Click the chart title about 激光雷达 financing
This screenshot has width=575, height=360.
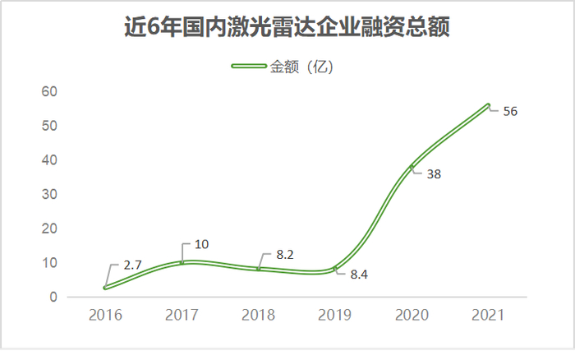click(x=287, y=29)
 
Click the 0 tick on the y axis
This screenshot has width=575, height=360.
click(x=52, y=297)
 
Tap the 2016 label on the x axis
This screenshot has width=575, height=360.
click(x=105, y=316)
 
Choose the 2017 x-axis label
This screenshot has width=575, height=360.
click(x=182, y=316)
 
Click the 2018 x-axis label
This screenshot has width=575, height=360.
click(x=259, y=316)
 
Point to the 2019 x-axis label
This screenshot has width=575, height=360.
click(x=335, y=316)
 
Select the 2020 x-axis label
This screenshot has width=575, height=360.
click(x=412, y=316)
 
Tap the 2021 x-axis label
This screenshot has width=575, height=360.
click(x=488, y=316)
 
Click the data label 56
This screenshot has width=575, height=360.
click(x=509, y=112)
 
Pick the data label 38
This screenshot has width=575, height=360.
click(x=434, y=175)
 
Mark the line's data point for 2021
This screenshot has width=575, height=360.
click(x=488, y=105)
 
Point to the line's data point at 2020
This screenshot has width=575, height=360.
click(x=412, y=167)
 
